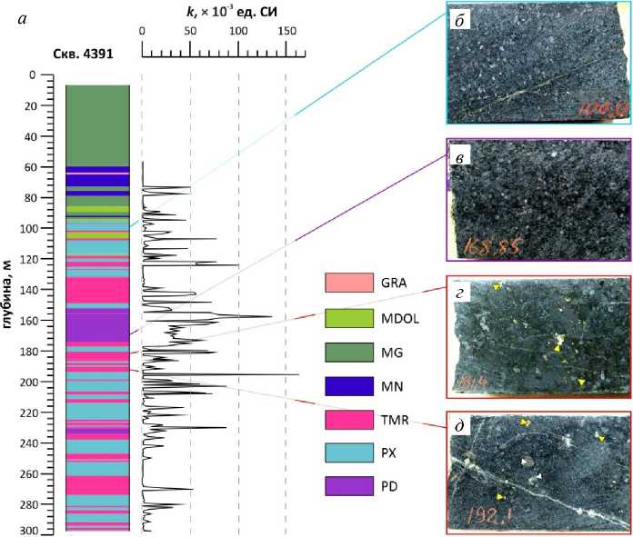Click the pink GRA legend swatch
349,283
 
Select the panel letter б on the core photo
463,20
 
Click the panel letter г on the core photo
463,292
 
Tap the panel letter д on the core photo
463,429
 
